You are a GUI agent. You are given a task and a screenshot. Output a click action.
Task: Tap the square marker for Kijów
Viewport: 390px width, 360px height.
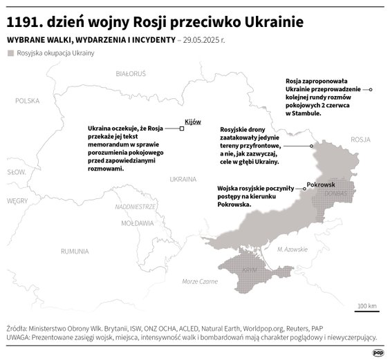pos(181,128)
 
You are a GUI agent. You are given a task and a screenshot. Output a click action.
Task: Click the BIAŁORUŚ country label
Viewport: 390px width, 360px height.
pos(131,73)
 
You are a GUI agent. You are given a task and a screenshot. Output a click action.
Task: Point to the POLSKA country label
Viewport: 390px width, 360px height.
pos(28,100)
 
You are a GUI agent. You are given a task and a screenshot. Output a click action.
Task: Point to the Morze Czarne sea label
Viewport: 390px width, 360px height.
pos(200,281)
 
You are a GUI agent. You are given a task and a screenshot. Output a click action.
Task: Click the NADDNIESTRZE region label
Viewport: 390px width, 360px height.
pos(135,207)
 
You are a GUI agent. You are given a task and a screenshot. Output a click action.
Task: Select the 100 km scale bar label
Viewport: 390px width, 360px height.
pos(366,305)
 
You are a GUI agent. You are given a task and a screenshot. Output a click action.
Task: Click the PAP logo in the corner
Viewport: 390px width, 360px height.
pos(378,351)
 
